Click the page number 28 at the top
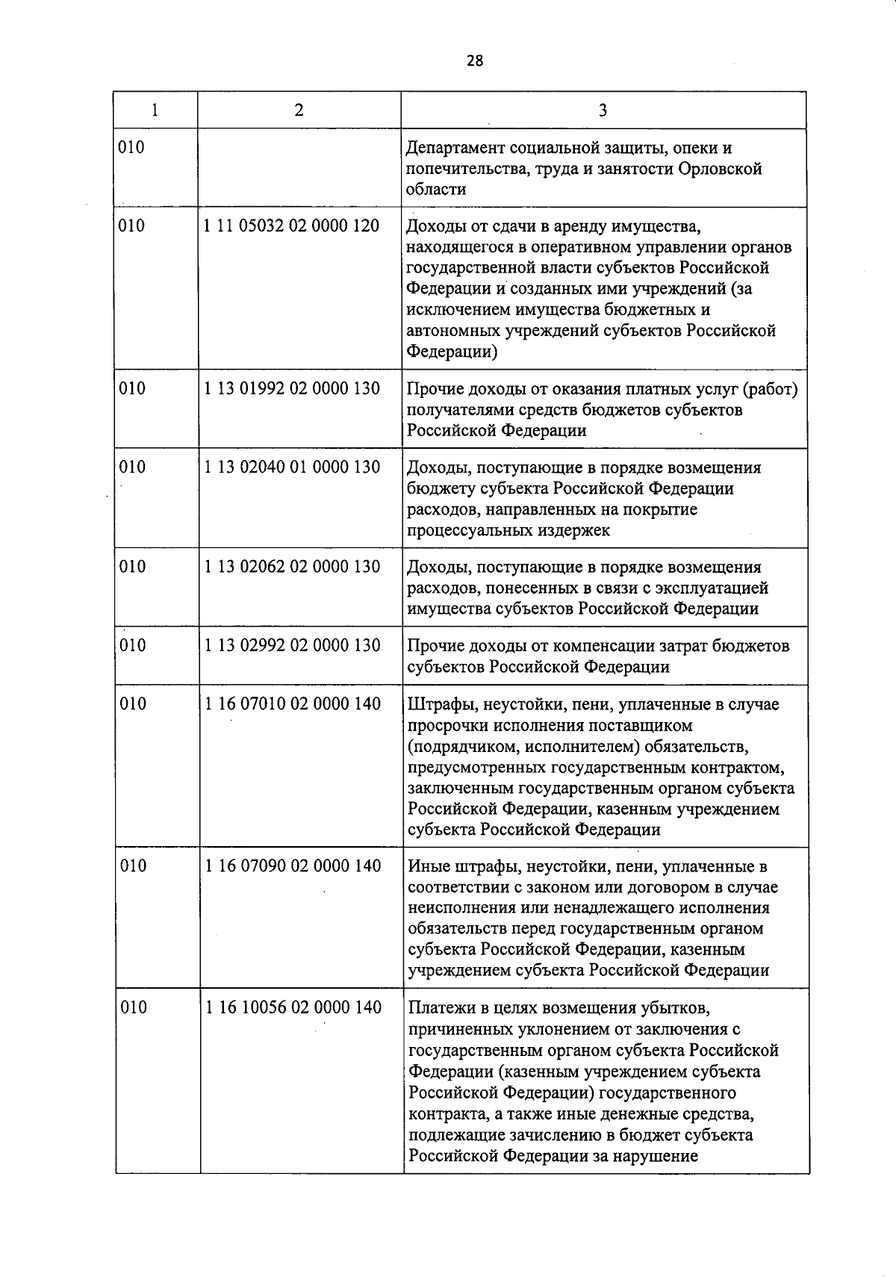coord(475,60)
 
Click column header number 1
coord(155,111)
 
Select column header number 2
coord(299,111)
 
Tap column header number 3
coord(603,111)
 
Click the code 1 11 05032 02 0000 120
coord(292,226)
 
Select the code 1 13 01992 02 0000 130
coord(292,388)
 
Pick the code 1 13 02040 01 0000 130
coord(292,467)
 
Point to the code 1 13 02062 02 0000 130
coord(292,567)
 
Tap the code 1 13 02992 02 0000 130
coord(292,645)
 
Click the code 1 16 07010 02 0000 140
coord(292,703)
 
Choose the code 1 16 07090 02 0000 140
coord(292,866)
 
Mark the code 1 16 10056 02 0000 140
coord(293,1007)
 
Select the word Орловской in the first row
coord(721,169)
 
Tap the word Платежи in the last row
coord(443,1008)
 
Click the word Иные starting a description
coord(428,867)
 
